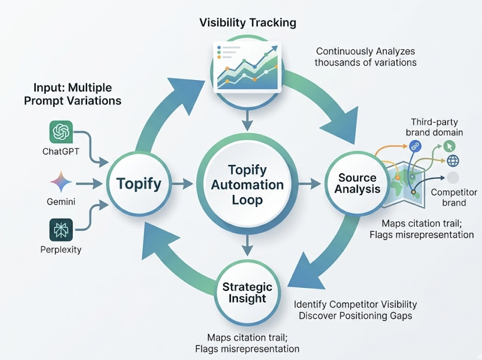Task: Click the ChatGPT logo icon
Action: (x=61, y=133)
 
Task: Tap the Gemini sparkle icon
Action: (x=61, y=182)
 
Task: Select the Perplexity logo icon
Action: (x=61, y=230)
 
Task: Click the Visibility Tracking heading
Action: (x=248, y=23)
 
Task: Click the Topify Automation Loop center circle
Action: (x=248, y=185)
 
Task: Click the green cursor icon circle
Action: (x=449, y=146)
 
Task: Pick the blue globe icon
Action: (x=452, y=161)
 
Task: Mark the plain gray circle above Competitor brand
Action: (x=452, y=178)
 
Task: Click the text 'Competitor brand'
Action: (x=454, y=197)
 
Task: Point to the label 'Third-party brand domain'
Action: (x=437, y=127)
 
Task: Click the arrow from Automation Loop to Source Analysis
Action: (x=311, y=184)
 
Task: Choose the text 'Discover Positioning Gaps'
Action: (x=355, y=315)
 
